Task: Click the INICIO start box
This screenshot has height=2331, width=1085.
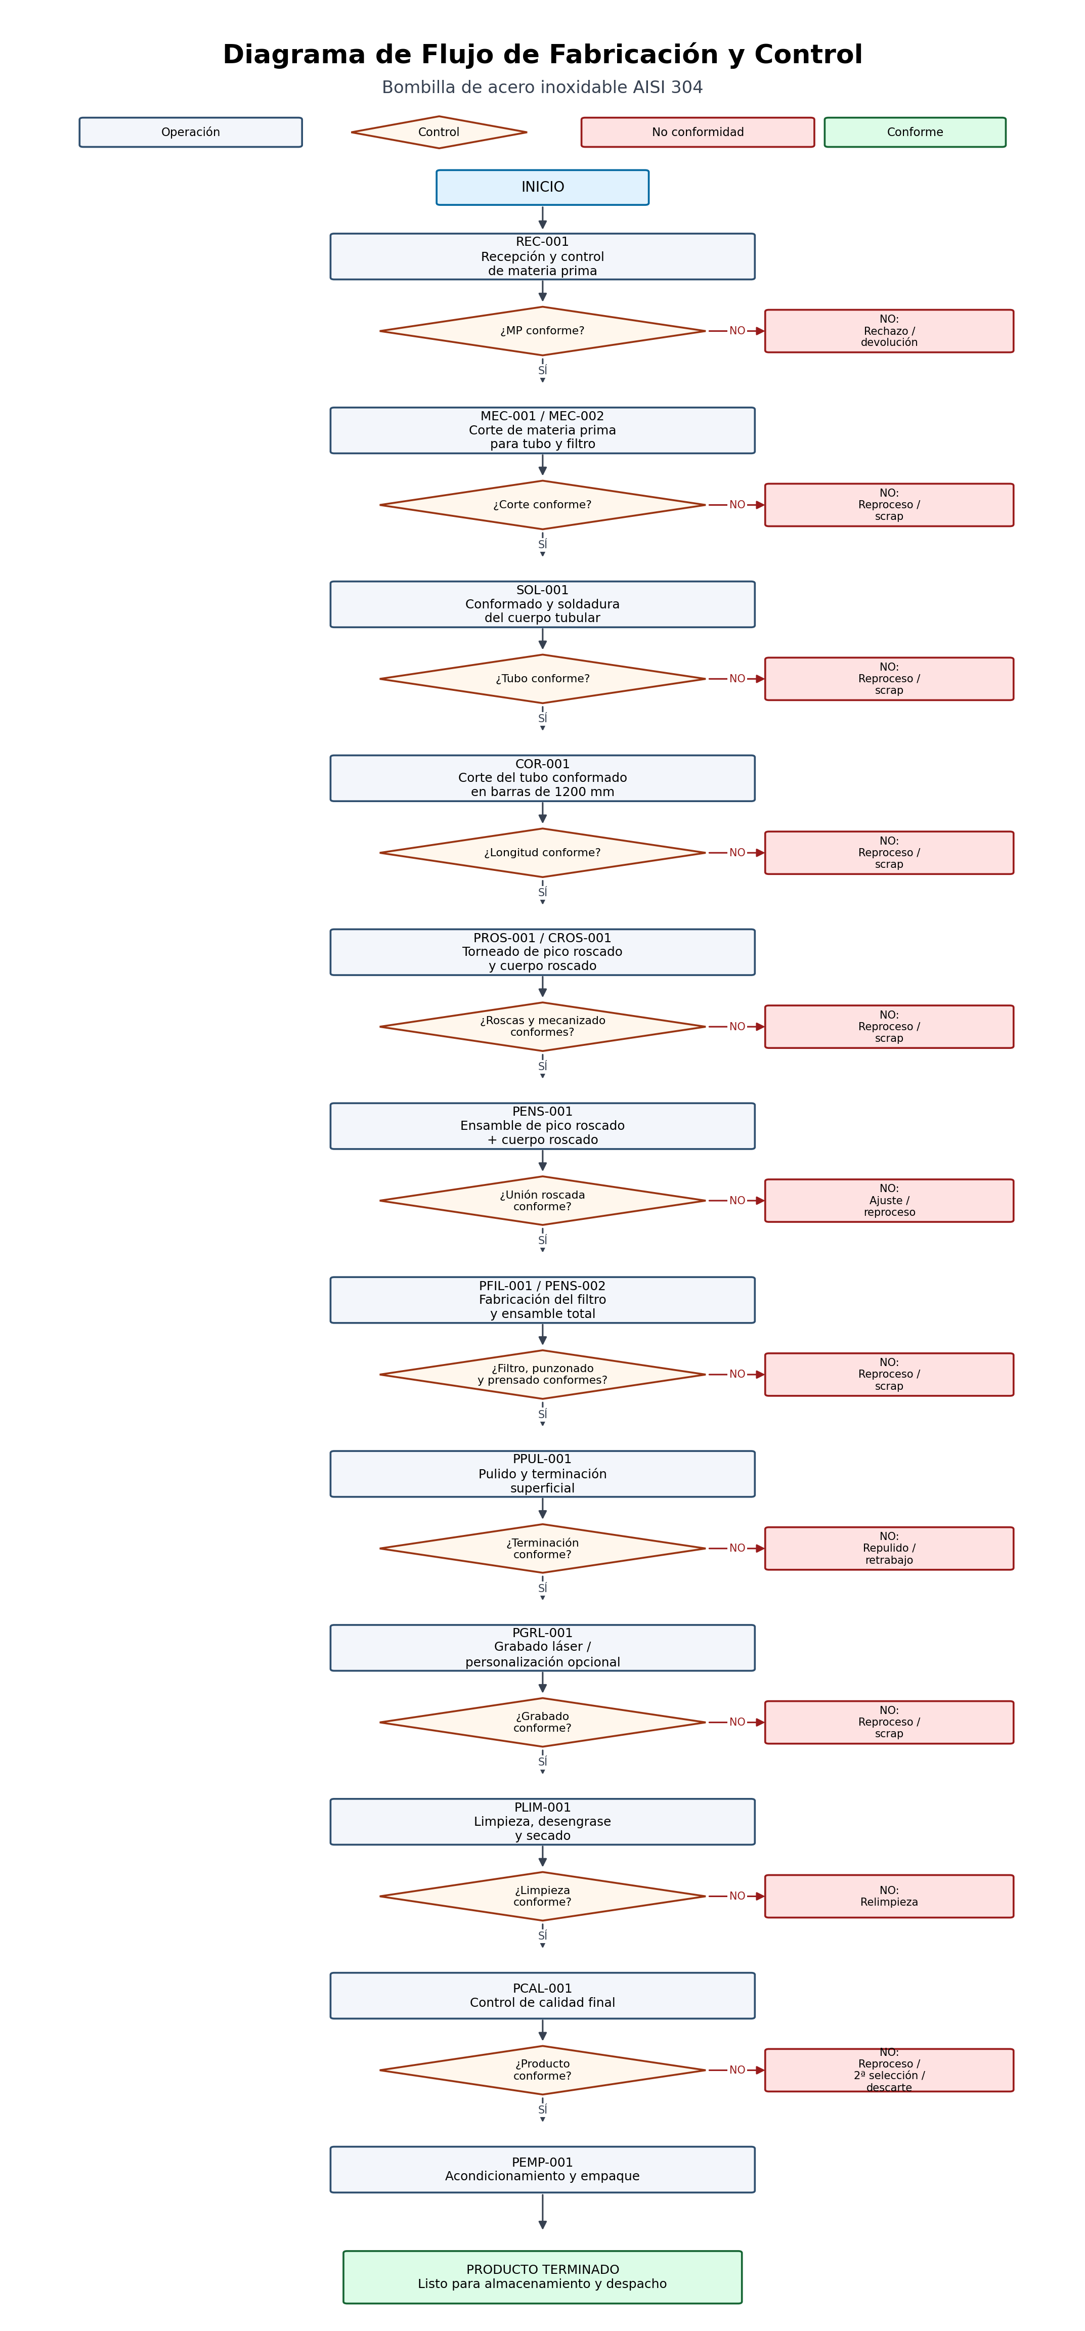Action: [x=542, y=187]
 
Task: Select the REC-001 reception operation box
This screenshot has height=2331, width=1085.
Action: [x=542, y=256]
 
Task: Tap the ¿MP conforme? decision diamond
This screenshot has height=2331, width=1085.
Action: [x=542, y=331]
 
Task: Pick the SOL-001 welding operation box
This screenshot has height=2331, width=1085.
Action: [x=542, y=604]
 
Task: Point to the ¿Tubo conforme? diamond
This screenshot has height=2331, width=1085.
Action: [x=542, y=679]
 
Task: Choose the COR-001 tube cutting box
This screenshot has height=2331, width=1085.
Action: [x=542, y=778]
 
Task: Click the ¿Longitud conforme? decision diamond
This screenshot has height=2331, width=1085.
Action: [x=542, y=852]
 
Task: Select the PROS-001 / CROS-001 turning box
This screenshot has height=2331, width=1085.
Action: [x=542, y=952]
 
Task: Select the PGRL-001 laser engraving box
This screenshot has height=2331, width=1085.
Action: [x=542, y=1648]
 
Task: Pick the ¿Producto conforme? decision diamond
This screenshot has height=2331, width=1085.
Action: [x=542, y=2071]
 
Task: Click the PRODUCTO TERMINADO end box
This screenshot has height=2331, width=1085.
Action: [x=542, y=2277]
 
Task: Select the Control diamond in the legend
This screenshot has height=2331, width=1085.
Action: [x=439, y=132]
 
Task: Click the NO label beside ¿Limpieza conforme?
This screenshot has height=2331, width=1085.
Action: [x=737, y=1896]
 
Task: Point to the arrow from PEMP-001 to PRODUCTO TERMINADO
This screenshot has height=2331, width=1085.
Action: [x=542, y=2212]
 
